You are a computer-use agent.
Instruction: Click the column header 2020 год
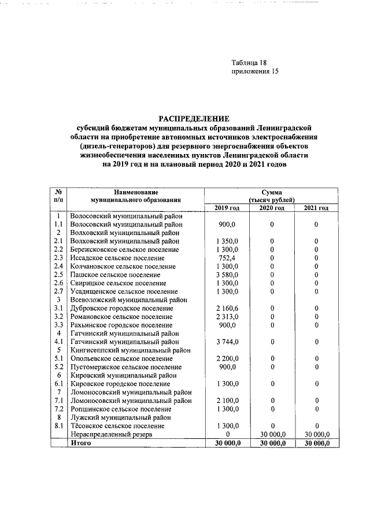[x=272, y=208]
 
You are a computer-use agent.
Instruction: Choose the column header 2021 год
[x=316, y=208]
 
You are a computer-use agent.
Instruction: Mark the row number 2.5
[x=58, y=274]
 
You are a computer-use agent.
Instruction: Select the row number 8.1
[x=58, y=426]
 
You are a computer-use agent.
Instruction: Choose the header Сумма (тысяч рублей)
[x=272, y=195]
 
